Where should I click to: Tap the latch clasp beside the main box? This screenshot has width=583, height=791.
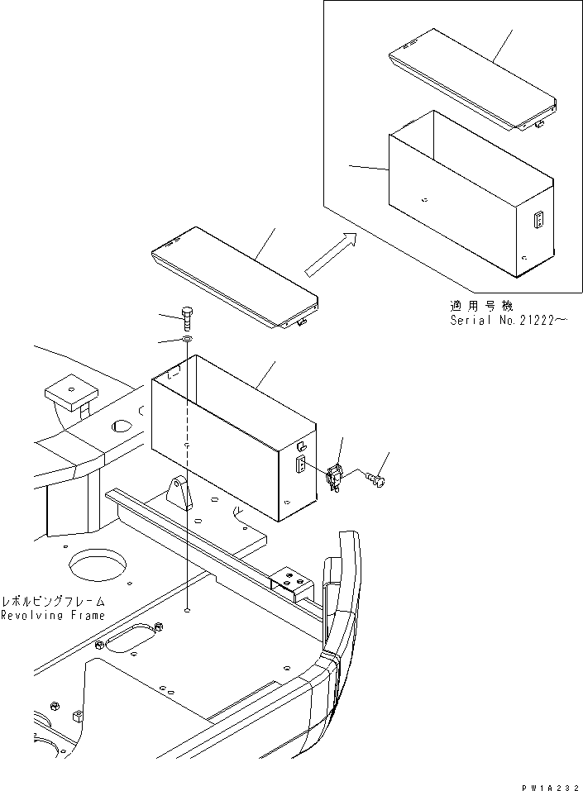pos(336,478)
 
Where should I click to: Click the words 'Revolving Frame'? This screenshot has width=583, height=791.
pos(53,616)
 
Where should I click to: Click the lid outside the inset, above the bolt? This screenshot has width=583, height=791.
pos(233,277)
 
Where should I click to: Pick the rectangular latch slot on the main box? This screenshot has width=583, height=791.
pos(300,465)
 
